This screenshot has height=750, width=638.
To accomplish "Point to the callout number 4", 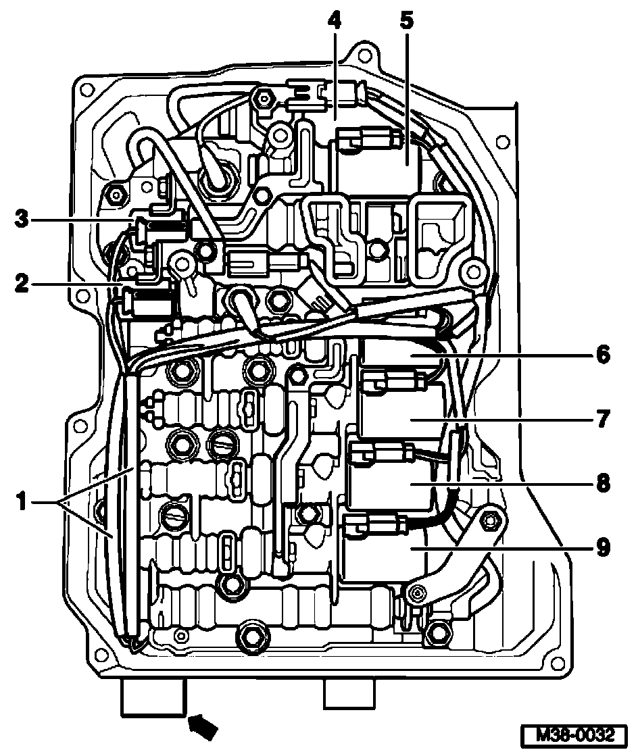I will tap(333, 20).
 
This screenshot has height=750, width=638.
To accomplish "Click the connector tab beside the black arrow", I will tap(152, 696).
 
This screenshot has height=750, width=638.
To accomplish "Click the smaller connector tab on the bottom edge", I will tap(349, 693).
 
